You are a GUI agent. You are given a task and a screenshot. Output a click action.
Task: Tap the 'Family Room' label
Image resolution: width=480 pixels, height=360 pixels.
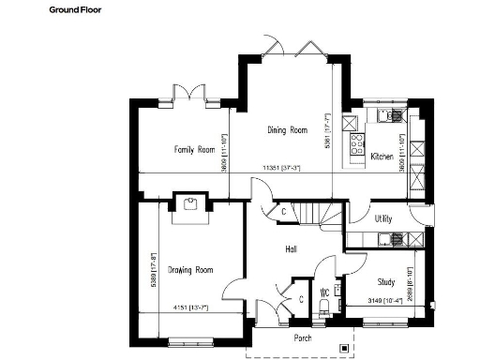click(194, 149)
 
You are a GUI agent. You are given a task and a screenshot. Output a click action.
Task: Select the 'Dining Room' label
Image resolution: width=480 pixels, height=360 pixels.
click(287, 130)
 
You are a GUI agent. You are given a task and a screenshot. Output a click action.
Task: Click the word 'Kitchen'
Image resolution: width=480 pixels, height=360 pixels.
click(381, 156)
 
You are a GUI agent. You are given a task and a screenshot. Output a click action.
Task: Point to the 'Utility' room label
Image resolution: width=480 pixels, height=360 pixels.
click(382, 218)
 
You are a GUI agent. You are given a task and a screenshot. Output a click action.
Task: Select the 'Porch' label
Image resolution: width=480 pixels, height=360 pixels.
click(302, 337)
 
